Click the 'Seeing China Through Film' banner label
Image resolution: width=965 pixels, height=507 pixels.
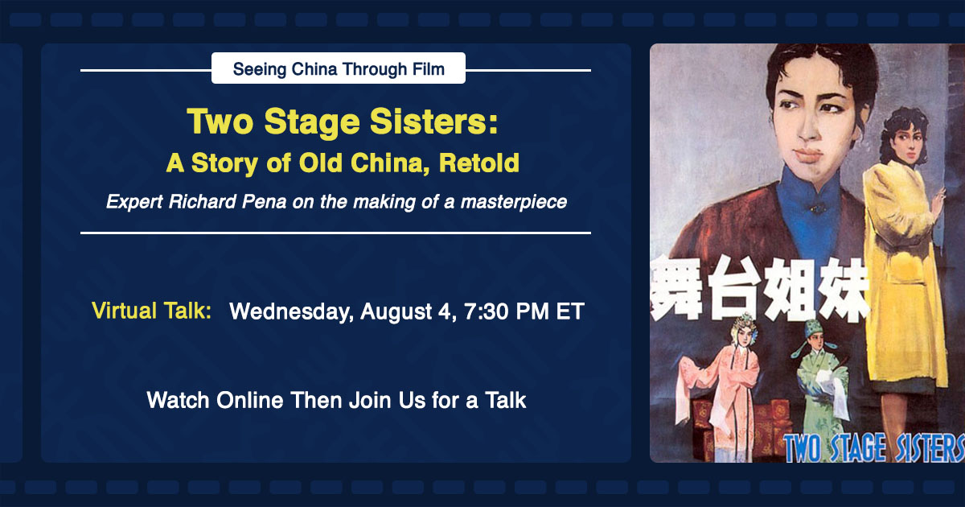[339, 68]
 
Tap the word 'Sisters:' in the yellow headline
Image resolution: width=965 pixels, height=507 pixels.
[433, 122]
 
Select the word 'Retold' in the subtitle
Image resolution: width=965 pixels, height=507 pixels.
[478, 163]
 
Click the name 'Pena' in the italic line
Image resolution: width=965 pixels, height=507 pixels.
[264, 202]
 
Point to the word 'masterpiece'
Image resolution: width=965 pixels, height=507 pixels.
[514, 202]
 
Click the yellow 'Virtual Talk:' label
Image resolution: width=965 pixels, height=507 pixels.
[151, 311]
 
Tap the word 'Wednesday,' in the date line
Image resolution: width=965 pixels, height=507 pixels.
[291, 311]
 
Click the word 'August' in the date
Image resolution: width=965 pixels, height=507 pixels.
[396, 312]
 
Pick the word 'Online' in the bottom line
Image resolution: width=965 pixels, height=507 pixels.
[249, 400]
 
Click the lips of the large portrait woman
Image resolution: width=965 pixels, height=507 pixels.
[807, 155]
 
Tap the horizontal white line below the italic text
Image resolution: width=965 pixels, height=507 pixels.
[335, 233]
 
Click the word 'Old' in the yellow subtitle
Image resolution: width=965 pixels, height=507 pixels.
[320, 163]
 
